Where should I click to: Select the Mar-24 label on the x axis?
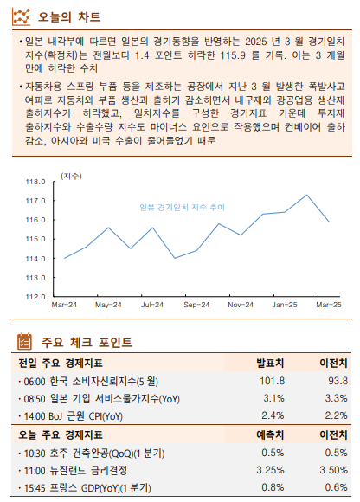[x=64, y=306]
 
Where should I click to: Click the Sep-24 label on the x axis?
[x=196, y=306]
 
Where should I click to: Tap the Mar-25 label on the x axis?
[x=328, y=306]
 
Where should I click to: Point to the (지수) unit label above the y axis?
[x=71, y=176]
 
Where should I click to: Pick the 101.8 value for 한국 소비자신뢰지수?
[x=271, y=381]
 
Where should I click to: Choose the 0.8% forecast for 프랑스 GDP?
[x=272, y=488]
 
